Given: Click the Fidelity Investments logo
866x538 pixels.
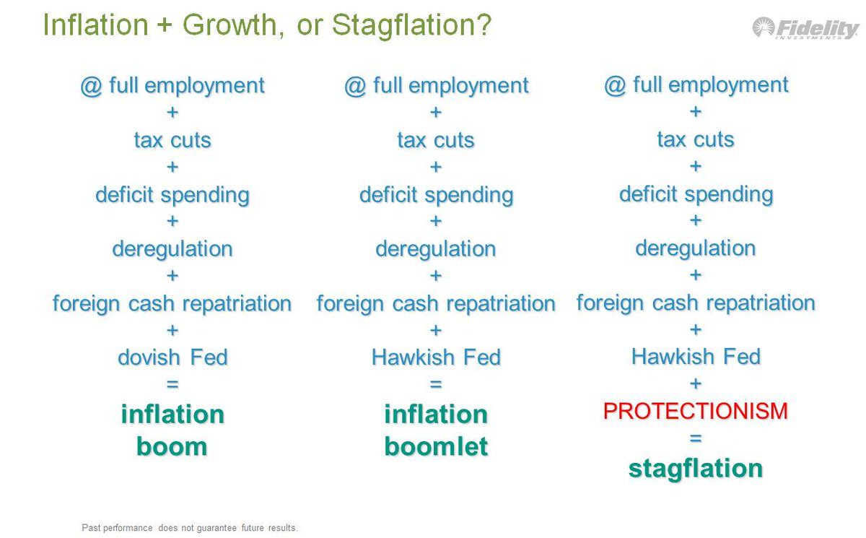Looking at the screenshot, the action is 805,28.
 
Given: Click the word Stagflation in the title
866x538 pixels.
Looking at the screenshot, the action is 412,26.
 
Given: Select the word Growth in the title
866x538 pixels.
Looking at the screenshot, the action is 233,25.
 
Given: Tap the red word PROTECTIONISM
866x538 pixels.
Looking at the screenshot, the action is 696,411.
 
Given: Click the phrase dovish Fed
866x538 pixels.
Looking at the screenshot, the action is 172,357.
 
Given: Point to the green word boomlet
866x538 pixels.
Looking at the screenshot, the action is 436,446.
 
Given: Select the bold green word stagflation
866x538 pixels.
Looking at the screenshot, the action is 696,469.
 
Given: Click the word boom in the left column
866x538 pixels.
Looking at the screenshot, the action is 172,447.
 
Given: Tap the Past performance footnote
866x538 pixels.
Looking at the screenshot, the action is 189,528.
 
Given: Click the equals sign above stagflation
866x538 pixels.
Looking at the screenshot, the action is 696,438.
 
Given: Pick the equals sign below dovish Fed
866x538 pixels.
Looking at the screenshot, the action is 172,384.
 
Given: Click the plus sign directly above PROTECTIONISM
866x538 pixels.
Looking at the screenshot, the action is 696,383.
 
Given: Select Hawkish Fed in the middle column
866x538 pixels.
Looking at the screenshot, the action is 436,357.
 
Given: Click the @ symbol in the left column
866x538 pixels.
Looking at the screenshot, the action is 91,86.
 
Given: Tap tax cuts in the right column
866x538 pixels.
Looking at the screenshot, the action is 696,139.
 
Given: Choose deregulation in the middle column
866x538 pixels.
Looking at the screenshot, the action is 436,248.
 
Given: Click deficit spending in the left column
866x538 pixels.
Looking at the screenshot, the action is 172,195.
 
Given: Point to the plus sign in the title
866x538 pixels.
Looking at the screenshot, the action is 165,25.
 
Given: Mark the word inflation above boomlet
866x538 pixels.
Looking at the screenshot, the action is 436,415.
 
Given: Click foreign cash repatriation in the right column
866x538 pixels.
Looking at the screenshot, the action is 696,303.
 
